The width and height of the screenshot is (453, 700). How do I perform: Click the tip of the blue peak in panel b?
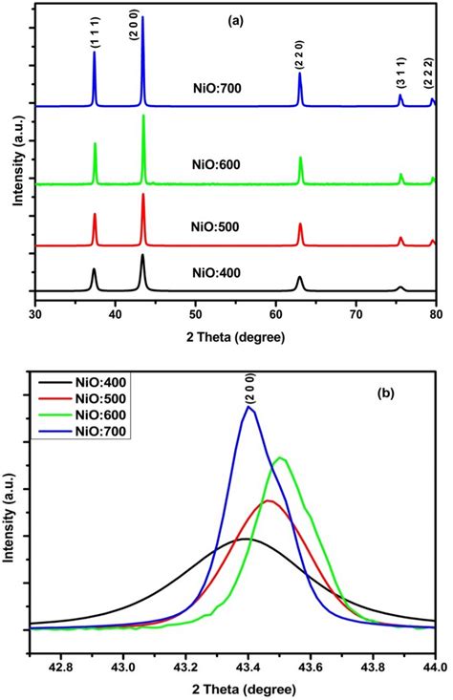click(249, 406)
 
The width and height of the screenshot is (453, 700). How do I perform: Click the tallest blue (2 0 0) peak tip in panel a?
click(142, 16)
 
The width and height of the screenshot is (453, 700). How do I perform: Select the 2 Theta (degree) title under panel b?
click(234, 686)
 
